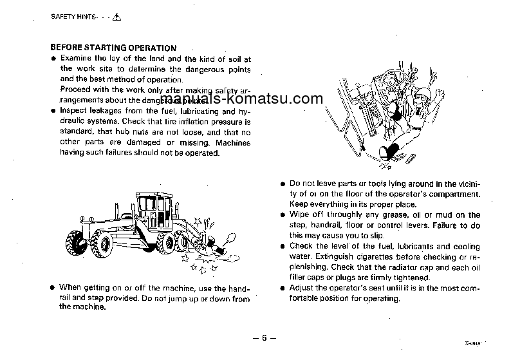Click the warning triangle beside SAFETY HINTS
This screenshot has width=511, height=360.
point(117,17)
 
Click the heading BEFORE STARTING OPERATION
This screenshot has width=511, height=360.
point(113,48)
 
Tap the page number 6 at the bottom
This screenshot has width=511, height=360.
point(263,338)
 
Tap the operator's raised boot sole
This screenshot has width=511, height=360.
point(389,152)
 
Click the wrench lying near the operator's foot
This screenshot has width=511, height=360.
point(411,156)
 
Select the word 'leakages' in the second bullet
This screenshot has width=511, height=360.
point(106,111)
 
